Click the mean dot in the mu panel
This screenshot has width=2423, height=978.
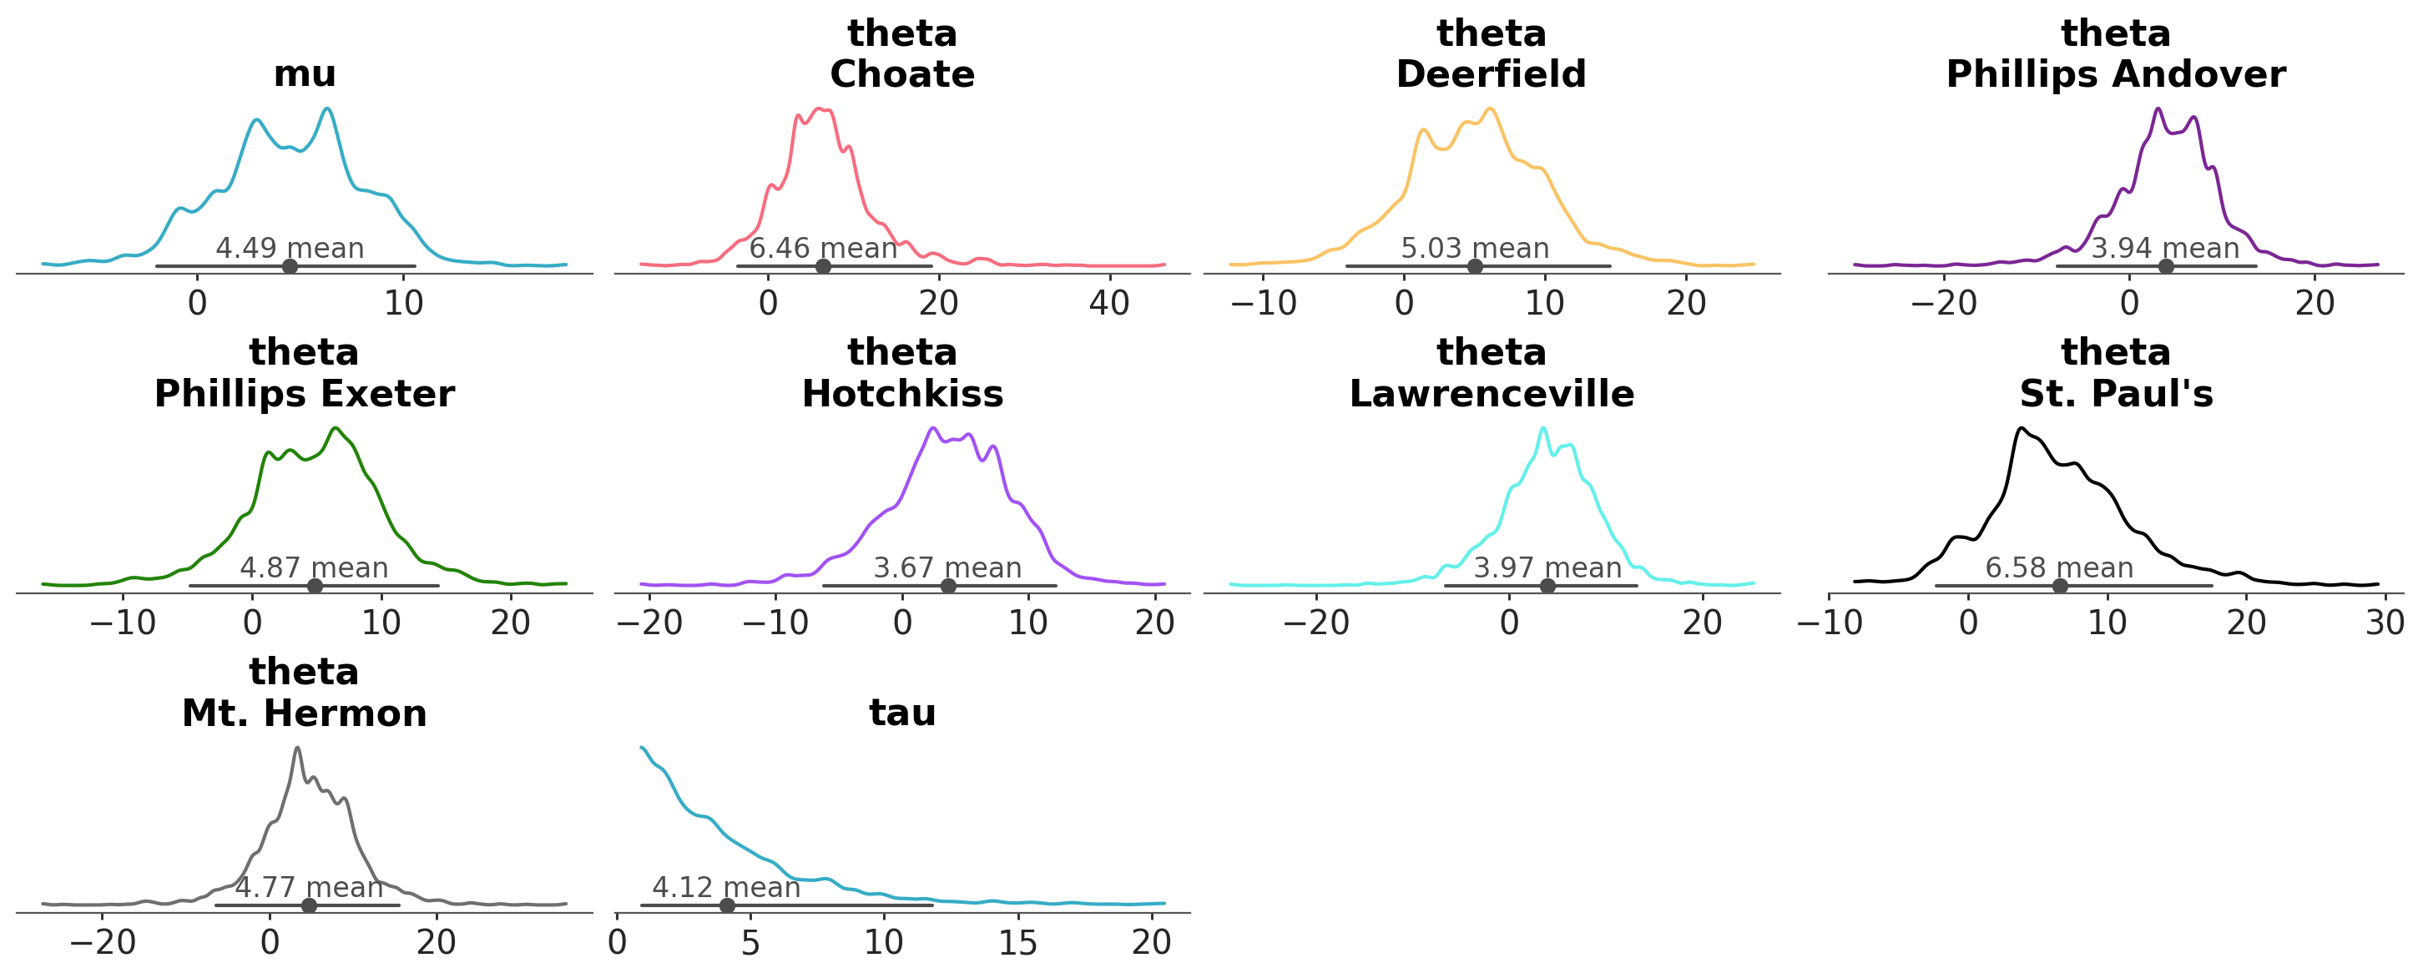290,266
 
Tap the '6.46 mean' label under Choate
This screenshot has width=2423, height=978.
823,249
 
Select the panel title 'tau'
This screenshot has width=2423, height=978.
902,713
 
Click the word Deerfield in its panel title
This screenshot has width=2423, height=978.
1491,74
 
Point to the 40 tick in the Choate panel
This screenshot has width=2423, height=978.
1109,303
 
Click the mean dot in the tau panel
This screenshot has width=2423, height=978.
727,905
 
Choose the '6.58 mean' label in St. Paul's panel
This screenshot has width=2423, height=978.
2059,568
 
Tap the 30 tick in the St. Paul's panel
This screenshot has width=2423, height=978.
2385,623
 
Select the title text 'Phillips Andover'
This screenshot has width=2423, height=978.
2115,74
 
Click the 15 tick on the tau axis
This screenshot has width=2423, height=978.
1017,942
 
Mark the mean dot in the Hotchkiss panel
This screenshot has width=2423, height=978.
948,586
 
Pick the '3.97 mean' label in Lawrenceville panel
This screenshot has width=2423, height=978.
1547,568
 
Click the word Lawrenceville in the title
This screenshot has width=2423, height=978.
1491,394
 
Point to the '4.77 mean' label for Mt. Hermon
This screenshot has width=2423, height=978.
309,888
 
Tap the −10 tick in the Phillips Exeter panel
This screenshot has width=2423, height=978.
123,623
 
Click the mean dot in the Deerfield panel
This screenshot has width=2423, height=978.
1475,266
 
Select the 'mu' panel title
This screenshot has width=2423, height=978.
304,74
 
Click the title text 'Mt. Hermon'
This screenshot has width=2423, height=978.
304,713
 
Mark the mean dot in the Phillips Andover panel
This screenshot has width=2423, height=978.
2165,266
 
